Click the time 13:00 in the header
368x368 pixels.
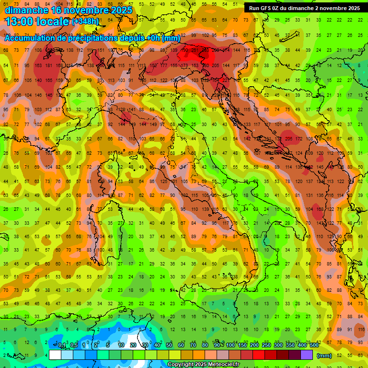tap(22, 22)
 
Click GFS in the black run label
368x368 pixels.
tap(271, 8)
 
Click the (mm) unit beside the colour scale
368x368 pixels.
tap(324, 356)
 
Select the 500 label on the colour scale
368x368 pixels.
tap(314, 345)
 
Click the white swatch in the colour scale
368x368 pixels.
tap(55, 355)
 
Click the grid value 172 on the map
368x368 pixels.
tap(299, 138)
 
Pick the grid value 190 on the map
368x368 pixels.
tap(184, 50)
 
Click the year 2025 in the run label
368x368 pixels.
tap(353, 8)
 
